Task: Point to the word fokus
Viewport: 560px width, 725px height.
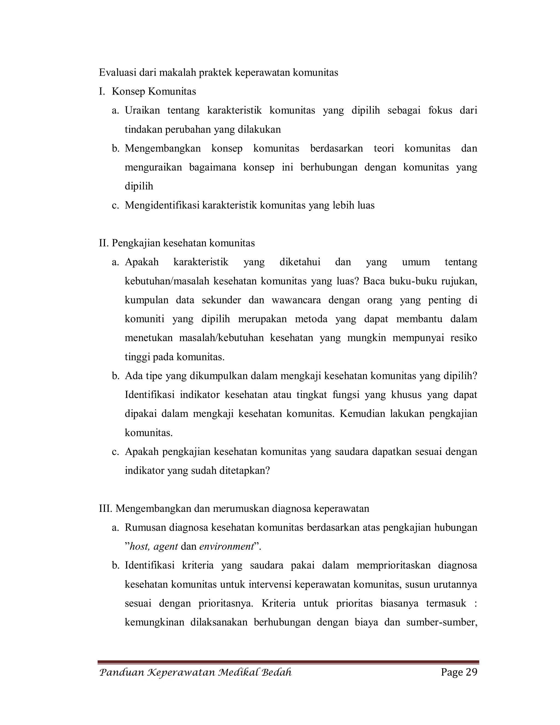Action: coord(440,110)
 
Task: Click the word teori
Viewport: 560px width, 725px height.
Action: coord(384,148)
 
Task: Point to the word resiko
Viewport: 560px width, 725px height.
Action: coord(463,338)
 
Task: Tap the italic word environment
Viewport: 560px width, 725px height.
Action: coord(227,546)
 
